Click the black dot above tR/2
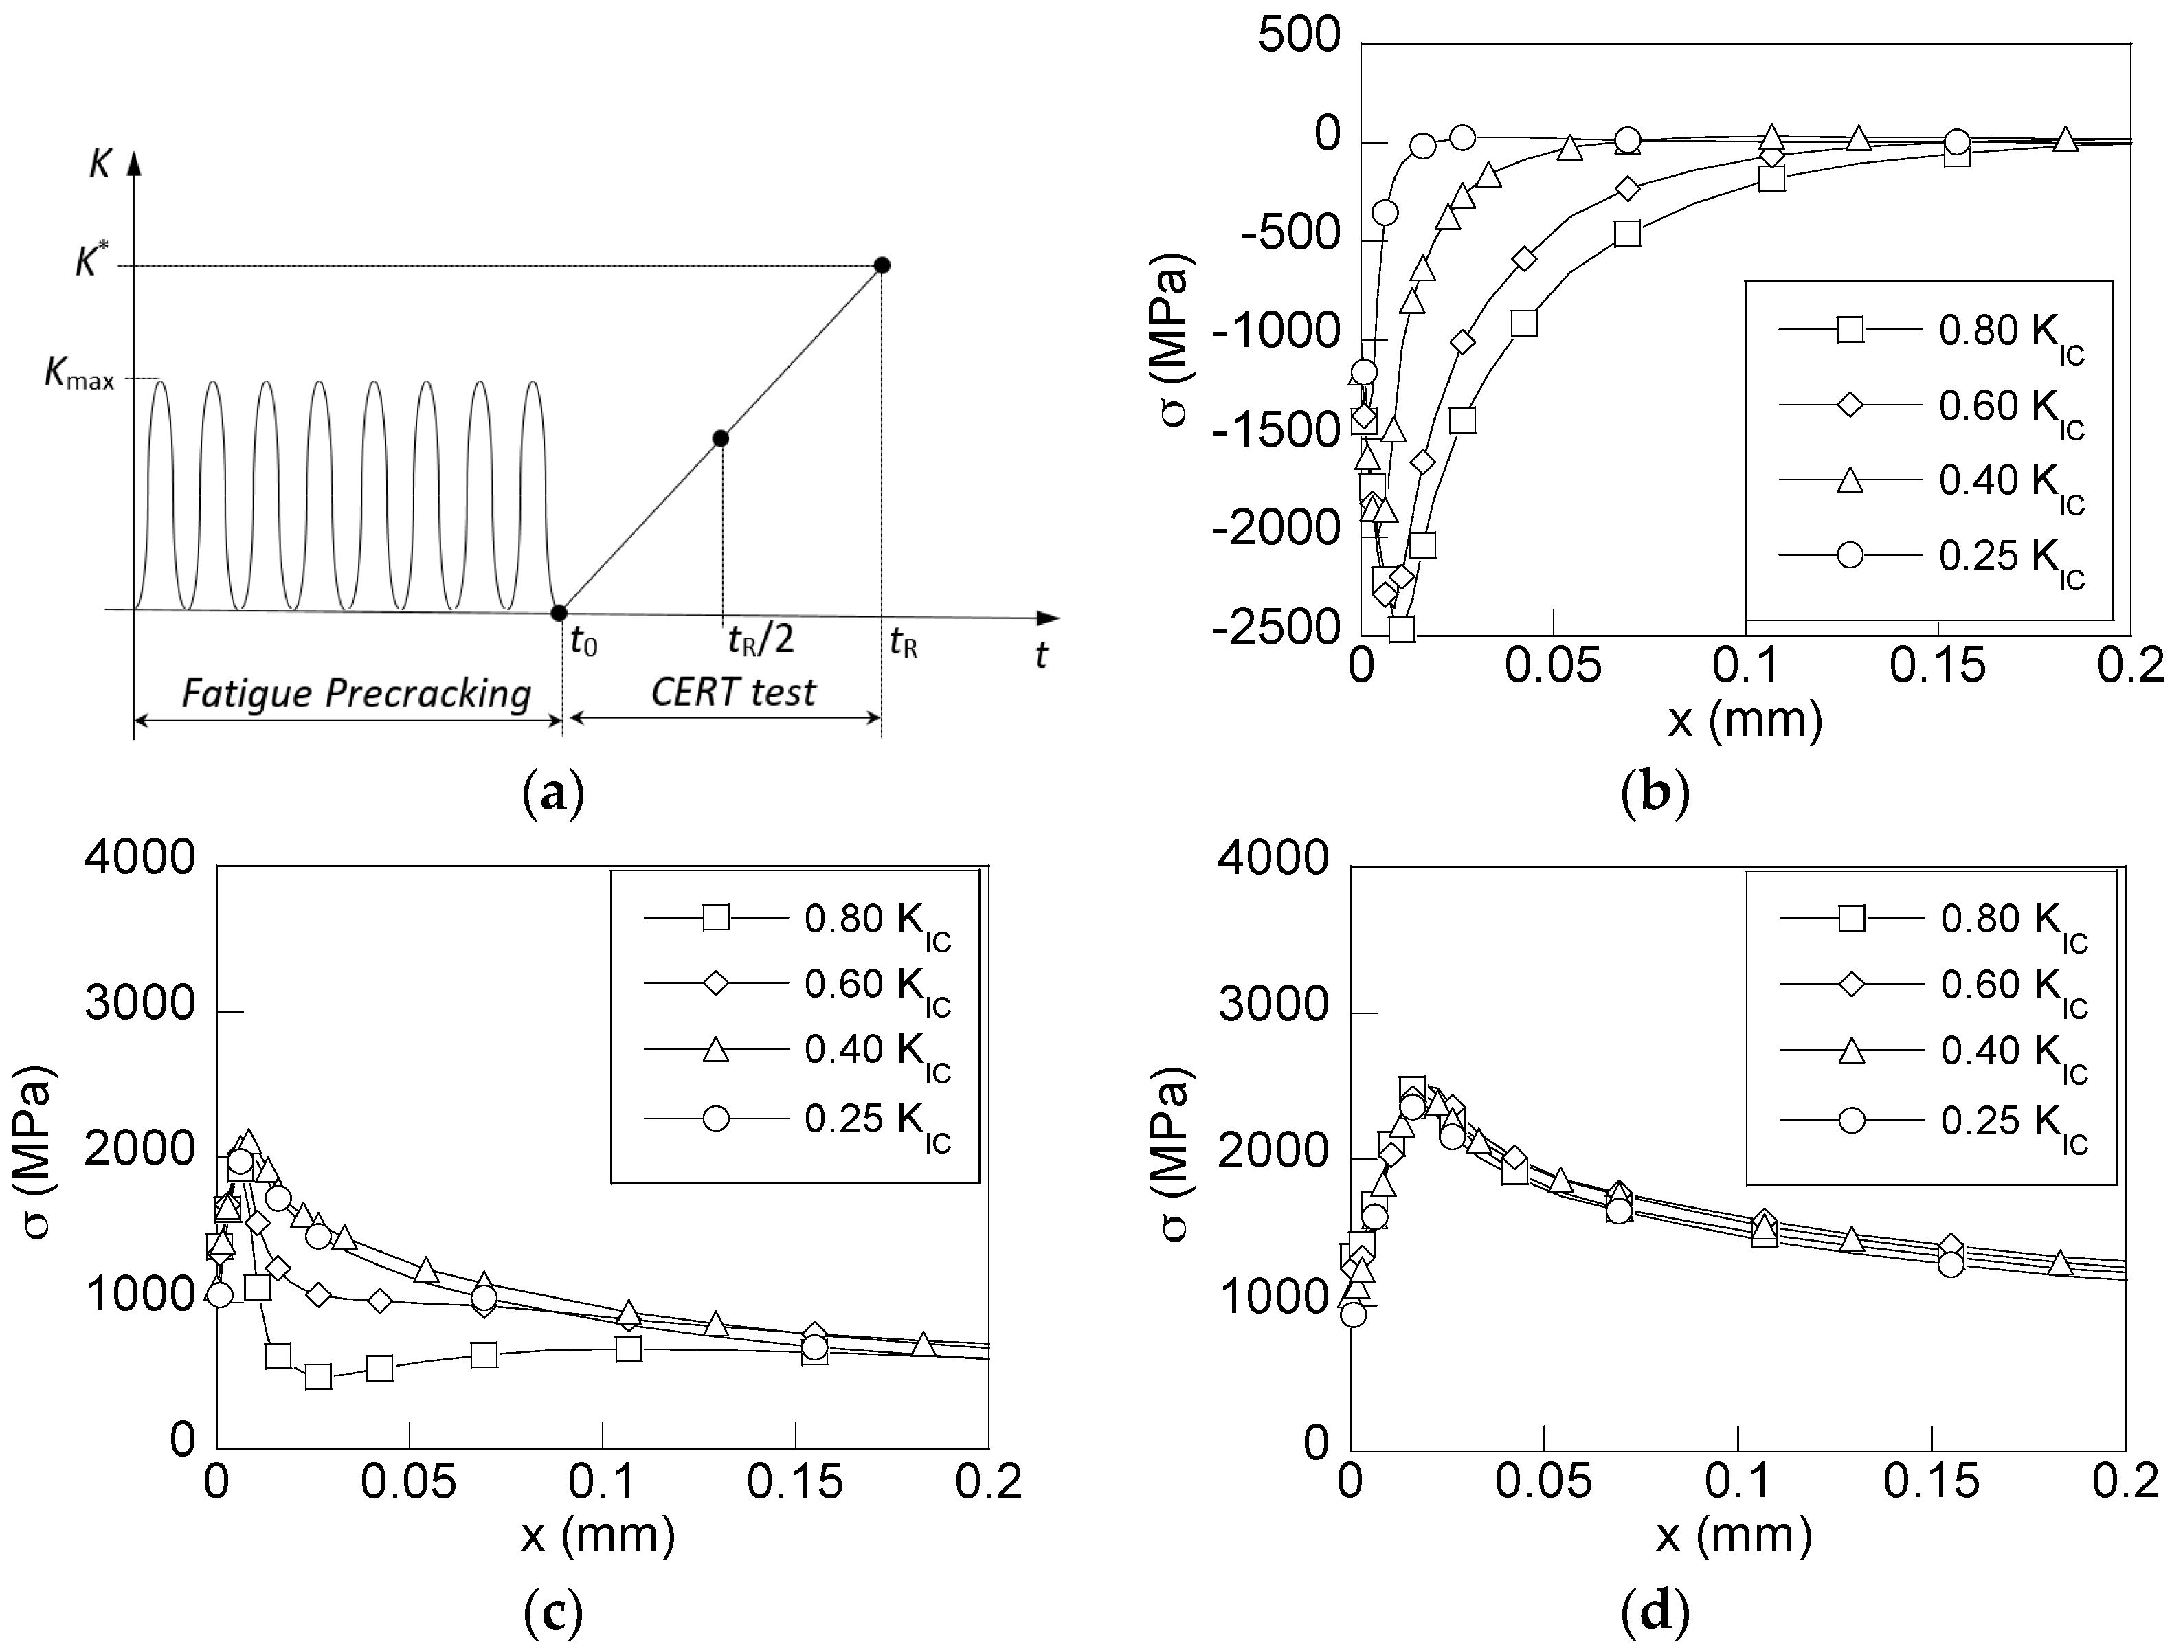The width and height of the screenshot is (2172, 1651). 720,438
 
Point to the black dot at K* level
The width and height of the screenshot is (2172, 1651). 882,265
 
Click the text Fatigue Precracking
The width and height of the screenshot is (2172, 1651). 356,694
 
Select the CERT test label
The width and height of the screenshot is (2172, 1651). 733,692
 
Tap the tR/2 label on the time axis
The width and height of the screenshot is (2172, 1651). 760,641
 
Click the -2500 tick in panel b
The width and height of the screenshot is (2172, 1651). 1276,627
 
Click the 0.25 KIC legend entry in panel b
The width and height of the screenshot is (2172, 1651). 2010,557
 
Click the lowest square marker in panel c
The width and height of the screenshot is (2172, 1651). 317,1375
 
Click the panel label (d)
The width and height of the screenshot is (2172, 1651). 1655,1612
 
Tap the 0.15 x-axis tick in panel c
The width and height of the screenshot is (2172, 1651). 794,1482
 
